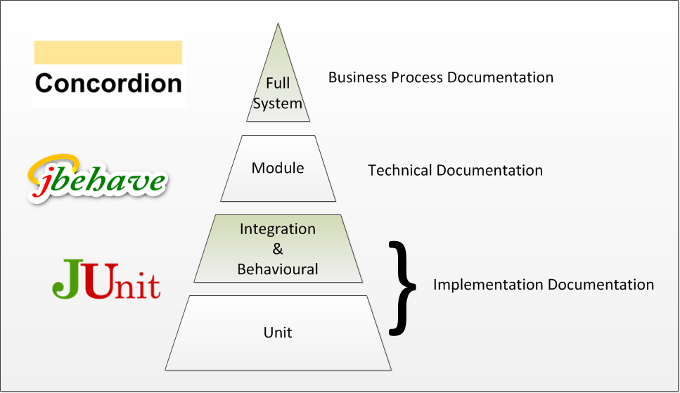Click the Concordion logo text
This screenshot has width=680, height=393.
(x=108, y=83)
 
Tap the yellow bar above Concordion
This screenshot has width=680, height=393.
(x=108, y=53)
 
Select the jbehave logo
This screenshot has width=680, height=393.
(x=97, y=178)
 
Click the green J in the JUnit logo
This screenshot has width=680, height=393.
(x=69, y=279)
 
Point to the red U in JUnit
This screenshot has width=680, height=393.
(x=101, y=279)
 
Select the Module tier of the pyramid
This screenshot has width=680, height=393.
(x=278, y=169)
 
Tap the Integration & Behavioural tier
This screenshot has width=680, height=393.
(x=278, y=249)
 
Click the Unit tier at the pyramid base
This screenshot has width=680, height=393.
(x=278, y=332)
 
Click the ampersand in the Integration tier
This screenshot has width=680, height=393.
(x=277, y=249)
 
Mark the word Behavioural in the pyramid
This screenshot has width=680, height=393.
(x=278, y=269)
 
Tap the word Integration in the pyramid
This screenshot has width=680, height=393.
(x=278, y=229)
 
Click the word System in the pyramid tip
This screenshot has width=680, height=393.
(x=278, y=104)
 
